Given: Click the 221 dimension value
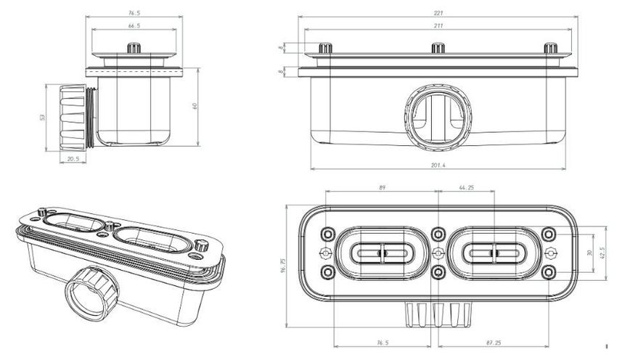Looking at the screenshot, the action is pos(438,13).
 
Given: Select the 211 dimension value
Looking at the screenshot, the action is pos(438,25).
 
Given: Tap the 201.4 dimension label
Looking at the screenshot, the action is pos(438,165).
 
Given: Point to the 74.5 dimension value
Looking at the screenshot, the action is pos(134,13).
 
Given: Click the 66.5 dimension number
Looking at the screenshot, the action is pos(134,25).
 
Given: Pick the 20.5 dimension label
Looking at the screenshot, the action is pos(73,158).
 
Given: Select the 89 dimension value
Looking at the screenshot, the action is pos(382,188).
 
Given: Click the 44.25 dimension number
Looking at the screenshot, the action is pos(466,188).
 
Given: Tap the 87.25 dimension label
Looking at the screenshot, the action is pos(494,343).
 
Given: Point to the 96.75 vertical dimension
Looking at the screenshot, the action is pos(283,266).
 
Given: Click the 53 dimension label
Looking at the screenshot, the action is pos(43,118).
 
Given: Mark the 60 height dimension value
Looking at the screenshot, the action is pos(195,106).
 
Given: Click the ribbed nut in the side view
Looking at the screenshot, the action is pos(73,118).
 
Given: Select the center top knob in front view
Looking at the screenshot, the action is pos(438,48).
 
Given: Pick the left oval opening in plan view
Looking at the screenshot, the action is pos(382,253).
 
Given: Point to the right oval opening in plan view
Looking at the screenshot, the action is pos(494,253).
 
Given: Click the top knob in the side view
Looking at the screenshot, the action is pos(134,48).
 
